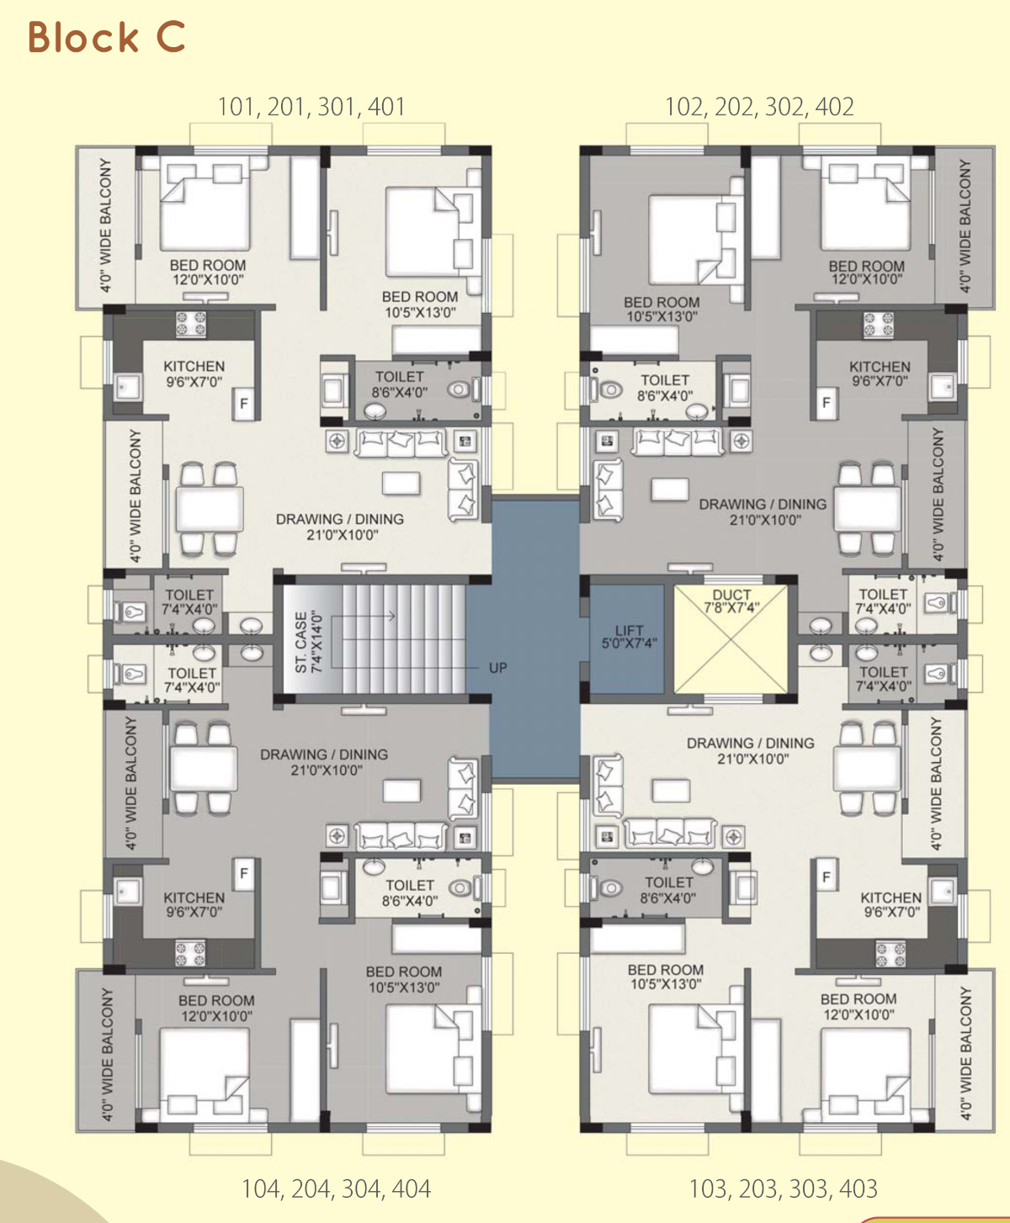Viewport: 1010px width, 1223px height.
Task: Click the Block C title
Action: tap(106, 37)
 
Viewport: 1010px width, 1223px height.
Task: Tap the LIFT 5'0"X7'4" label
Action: tap(629, 637)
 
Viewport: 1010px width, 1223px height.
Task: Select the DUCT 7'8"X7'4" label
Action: tap(731, 601)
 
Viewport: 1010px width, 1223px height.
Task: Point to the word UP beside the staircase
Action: tap(497, 668)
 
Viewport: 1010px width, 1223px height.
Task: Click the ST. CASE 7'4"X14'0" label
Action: tap(308, 642)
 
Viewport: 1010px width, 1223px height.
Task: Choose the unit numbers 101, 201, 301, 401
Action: tap(311, 107)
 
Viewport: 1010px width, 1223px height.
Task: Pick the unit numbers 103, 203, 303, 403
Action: tap(783, 1189)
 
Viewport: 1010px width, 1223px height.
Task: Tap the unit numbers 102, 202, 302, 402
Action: tap(759, 107)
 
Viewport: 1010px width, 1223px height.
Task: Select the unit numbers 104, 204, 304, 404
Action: tap(337, 1189)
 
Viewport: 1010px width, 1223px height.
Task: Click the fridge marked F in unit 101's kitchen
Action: tap(244, 403)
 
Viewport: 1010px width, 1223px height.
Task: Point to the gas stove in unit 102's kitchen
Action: tap(879, 325)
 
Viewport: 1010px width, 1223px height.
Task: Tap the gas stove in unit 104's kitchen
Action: tap(190, 953)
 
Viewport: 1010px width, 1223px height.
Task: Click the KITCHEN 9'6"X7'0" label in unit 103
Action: tap(891, 904)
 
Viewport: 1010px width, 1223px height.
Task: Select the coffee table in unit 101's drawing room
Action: tap(401, 484)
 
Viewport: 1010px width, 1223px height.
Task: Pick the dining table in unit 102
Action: tap(867, 509)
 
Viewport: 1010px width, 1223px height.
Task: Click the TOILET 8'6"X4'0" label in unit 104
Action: tap(410, 893)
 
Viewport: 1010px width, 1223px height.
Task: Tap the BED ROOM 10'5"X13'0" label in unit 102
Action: tap(662, 310)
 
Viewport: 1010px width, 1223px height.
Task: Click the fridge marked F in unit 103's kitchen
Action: tap(827, 876)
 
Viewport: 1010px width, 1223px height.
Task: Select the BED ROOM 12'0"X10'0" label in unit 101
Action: tap(208, 273)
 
